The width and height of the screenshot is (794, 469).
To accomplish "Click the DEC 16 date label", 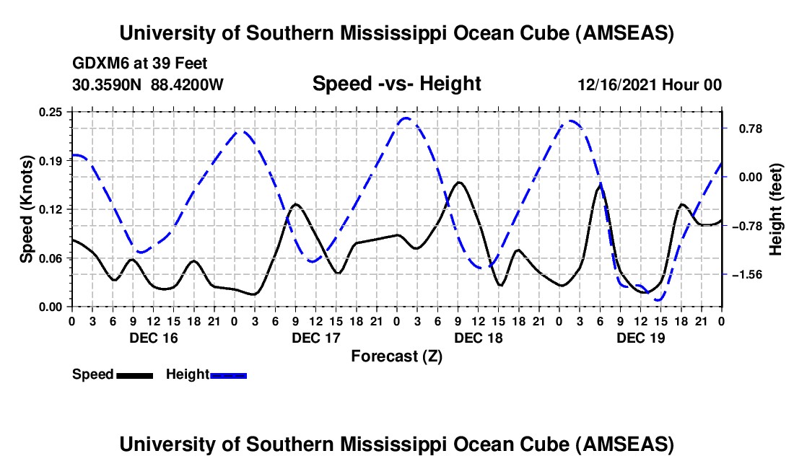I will pyautogui.click(x=153, y=338).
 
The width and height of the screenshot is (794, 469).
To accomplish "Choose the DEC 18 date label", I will pyautogui.click(x=479, y=338).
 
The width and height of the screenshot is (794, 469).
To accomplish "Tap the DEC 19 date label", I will pyautogui.click(x=641, y=338).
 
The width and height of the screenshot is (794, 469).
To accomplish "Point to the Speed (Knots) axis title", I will pyautogui.click(x=27, y=209).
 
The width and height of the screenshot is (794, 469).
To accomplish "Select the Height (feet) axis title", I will pyautogui.click(x=776, y=209).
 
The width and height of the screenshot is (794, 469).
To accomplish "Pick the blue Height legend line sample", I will pyautogui.click(x=228, y=374).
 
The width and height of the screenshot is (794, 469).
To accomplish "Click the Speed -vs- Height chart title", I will pyautogui.click(x=396, y=84).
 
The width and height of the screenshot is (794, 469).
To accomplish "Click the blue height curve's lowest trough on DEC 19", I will pyautogui.click(x=658, y=299).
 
